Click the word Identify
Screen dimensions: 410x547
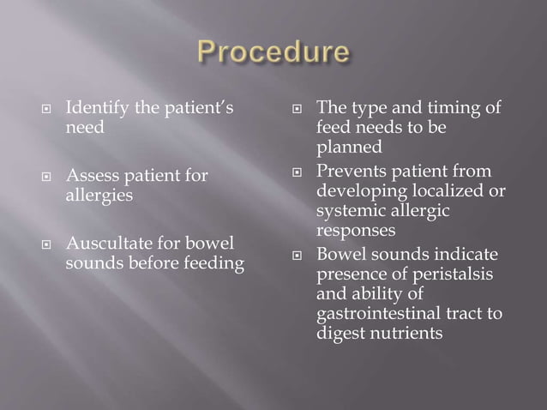(95, 109)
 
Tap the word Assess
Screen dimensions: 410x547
(91, 176)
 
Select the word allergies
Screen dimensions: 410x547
(99, 196)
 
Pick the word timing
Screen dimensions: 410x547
(443, 107)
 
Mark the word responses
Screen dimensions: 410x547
(356, 230)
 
